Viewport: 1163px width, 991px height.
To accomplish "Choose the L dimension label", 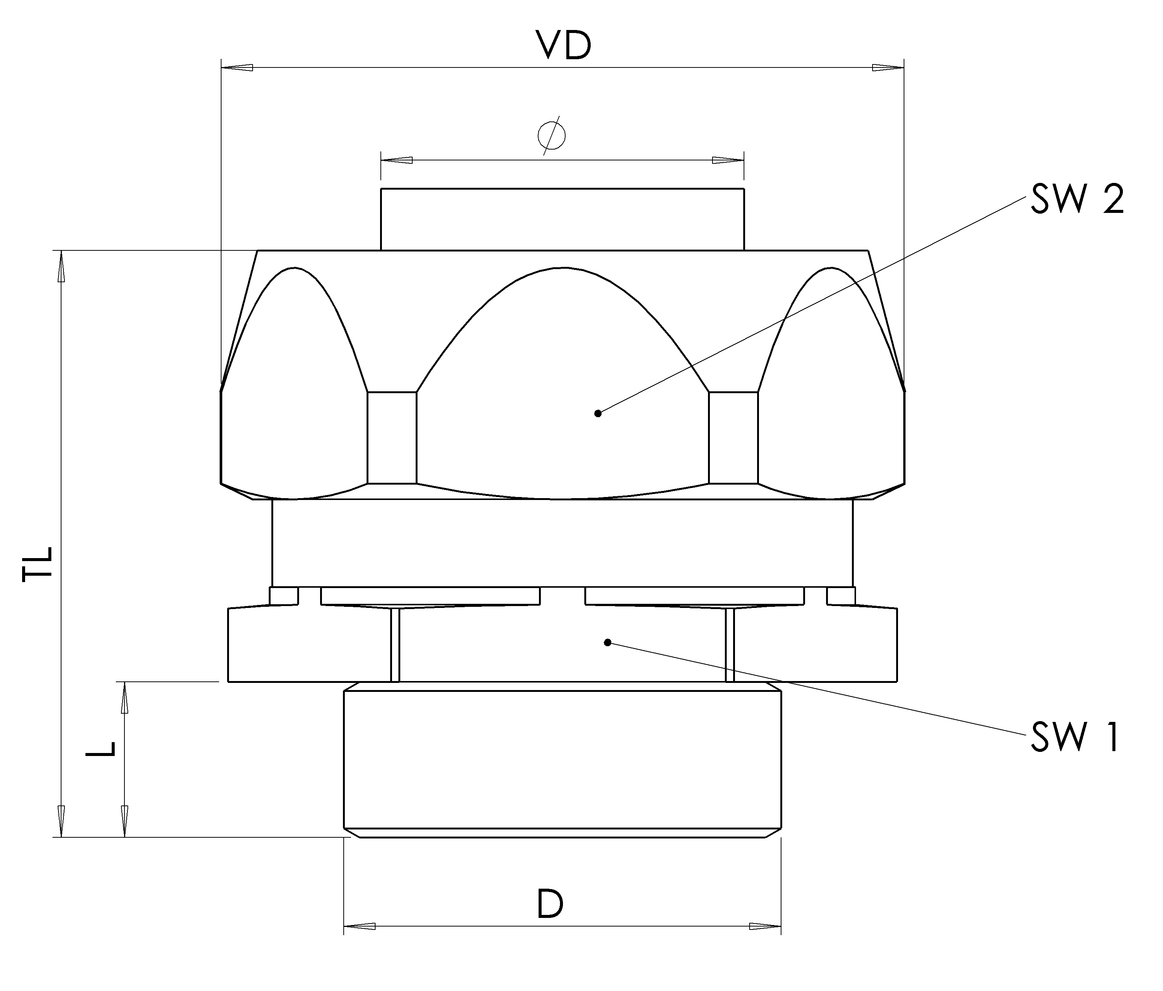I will tap(101, 748).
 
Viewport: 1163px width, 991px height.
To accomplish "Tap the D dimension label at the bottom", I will tap(550, 903).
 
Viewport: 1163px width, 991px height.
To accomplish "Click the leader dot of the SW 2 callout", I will tap(598, 413).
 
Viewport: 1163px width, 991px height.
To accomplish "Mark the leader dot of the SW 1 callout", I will tap(607, 642).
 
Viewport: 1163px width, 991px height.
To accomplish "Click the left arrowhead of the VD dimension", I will tap(237, 68).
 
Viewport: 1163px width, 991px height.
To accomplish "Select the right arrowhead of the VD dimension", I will tap(888, 68).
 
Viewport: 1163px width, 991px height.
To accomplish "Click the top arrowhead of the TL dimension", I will tap(61, 266).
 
